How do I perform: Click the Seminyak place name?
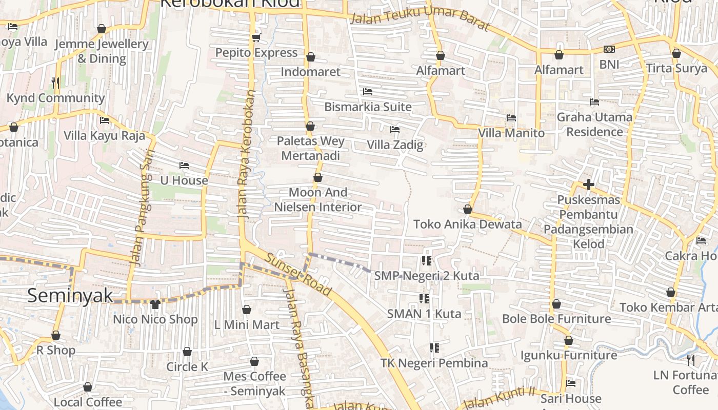70,296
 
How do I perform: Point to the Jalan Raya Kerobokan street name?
247,154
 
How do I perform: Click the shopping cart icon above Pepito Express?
256,37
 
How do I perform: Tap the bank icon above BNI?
609,49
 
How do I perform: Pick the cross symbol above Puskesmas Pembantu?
588,184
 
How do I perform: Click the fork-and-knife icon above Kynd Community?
55,82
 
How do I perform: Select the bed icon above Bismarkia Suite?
367,92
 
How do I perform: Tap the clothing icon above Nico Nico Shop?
155,304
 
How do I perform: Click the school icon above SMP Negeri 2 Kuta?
426,261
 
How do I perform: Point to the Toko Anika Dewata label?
467,224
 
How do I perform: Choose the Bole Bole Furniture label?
556,319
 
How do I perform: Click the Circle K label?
187,367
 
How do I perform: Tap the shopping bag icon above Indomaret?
310,57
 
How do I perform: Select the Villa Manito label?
511,133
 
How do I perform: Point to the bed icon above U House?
184,166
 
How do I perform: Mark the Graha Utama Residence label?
594,125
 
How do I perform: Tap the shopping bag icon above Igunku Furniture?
568,340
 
